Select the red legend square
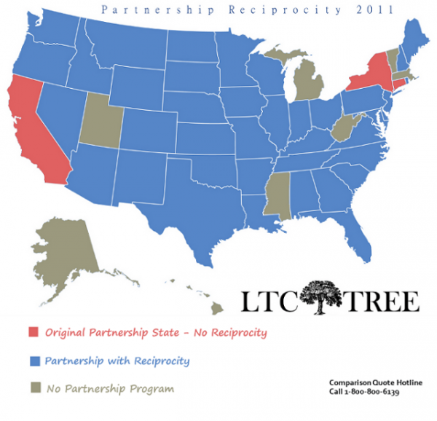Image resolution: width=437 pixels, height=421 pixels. pyautogui.click(x=33, y=332)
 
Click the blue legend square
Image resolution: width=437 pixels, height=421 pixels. pyautogui.click(x=33, y=361)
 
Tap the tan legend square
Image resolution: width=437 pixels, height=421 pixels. pyautogui.click(x=33, y=388)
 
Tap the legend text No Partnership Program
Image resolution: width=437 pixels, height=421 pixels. pyautogui.click(x=109, y=388)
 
